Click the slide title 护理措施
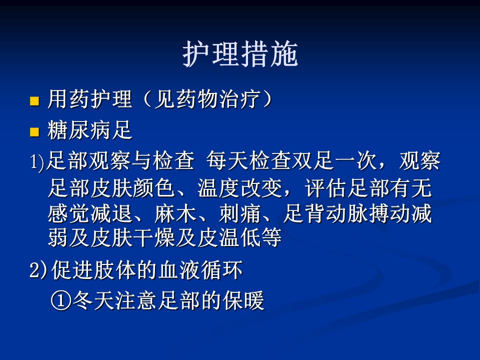pos(240,54)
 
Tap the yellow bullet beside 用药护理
pos(34,101)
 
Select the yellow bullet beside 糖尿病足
pos(34,132)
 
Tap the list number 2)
pos(38,270)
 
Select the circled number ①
pos(61,300)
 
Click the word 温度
pos(218,187)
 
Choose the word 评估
pos(326,187)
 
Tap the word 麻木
pos(175,213)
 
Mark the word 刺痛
pos(240,213)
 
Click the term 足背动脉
pos(326,213)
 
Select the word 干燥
pos(154,238)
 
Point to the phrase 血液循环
pos(201,270)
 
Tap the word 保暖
pos(243,300)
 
